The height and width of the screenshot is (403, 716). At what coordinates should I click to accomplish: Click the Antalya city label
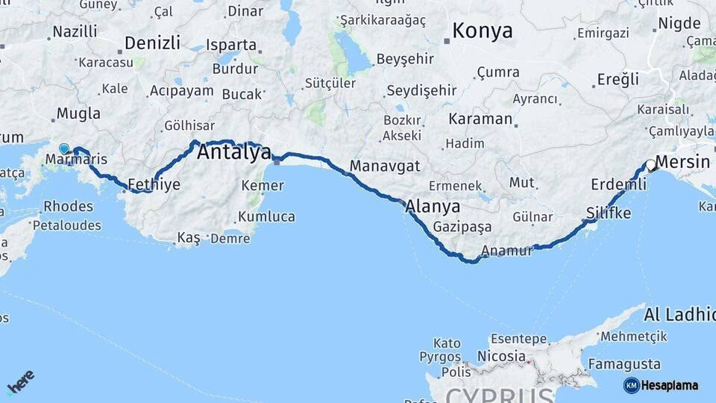click(233, 153)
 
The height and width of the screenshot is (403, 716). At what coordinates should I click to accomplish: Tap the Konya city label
click(483, 31)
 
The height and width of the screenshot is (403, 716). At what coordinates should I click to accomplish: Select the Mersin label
click(683, 162)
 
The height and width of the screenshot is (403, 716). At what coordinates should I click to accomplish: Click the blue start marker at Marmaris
click(64, 149)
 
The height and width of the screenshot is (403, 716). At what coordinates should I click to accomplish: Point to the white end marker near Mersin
click(651, 166)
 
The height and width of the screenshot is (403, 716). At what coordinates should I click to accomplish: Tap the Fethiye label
click(154, 184)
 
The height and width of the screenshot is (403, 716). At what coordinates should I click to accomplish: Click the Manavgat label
click(385, 166)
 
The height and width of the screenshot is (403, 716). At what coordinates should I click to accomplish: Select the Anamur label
click(508, 251)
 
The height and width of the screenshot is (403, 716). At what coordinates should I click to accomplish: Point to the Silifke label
click(609, 213)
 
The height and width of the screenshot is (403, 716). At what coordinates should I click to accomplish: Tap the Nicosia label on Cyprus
click(501, 357)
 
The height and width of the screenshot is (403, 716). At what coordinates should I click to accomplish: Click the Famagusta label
click(624, 364)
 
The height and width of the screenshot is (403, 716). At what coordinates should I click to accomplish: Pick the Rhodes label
click(68, 206)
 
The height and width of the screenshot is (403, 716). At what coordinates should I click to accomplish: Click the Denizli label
click(152, 43)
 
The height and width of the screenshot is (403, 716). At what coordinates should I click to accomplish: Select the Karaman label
click(480, 119)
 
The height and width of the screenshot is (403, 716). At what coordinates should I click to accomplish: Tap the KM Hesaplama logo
click(661, 385)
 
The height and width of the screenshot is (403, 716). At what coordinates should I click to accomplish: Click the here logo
click(21, 381)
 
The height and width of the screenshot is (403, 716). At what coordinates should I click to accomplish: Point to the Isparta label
click(231, 45)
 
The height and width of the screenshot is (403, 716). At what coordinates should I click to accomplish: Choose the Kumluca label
click(266, 217)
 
